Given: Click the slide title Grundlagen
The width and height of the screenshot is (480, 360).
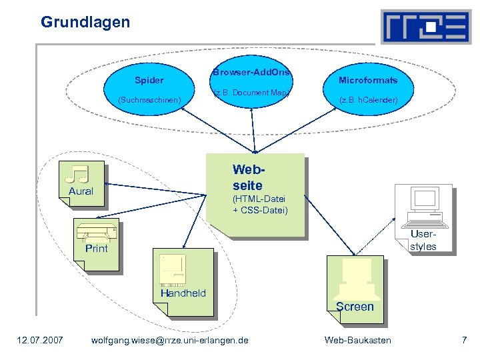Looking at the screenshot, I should point(85,22).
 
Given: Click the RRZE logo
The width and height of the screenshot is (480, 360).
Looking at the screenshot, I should point(425,27).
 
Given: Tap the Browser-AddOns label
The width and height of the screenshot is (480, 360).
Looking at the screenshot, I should point(251,72).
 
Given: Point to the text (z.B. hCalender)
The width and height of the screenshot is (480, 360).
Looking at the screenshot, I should point(368,100).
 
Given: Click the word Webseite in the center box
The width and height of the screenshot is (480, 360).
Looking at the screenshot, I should point(247,177).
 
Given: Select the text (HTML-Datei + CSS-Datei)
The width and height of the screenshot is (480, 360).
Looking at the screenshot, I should point(260,205).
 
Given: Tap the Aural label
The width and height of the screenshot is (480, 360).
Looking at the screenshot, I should point(81,191).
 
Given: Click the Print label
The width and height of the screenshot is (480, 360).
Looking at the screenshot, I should point(97,249).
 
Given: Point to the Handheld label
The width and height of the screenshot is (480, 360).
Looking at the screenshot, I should point(183,293).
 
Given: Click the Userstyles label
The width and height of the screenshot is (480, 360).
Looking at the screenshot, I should point(423,241).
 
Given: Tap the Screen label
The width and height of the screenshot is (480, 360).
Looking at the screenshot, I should point(355,307).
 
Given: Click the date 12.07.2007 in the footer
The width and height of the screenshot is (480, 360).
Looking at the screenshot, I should point(40,341).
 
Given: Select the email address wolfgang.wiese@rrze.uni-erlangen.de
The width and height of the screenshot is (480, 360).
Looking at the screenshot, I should point(169,341).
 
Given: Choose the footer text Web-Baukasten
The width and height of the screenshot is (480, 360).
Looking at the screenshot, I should point(357,341).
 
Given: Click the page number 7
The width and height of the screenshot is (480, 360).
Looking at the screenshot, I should point(464,341).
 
